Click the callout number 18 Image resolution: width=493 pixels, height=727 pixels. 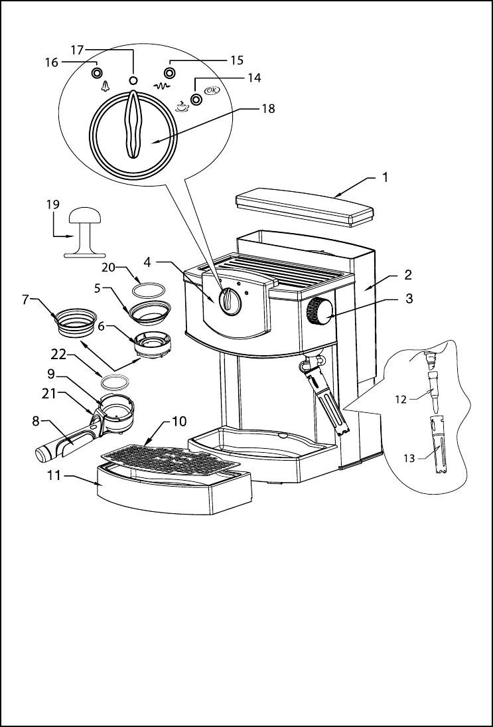click(268, 108)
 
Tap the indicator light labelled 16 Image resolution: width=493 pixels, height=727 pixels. click(97, 74)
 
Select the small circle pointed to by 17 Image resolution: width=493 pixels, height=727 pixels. click(133, 80)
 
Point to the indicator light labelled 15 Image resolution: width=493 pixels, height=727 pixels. click(170, 73)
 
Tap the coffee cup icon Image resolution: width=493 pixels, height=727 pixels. click(182, 106)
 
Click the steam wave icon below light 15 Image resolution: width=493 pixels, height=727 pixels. click(162, 85)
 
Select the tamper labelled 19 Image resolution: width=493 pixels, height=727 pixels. click(84, 231)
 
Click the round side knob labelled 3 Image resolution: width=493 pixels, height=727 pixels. click(320, 311)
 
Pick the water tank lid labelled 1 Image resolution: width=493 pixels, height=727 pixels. click(305, 206)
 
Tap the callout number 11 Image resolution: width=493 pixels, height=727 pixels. click(54, 475)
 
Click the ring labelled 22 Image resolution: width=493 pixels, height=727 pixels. click(115, 382)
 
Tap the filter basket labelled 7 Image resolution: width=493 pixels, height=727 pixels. click(76, 321)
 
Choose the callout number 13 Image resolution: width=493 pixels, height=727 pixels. click(409, 459)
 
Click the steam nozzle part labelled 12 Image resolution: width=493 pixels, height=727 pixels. click(433, 391)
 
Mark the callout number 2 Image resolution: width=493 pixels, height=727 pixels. click(408, 275)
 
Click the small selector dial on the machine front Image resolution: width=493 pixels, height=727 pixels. click(230, 301)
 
